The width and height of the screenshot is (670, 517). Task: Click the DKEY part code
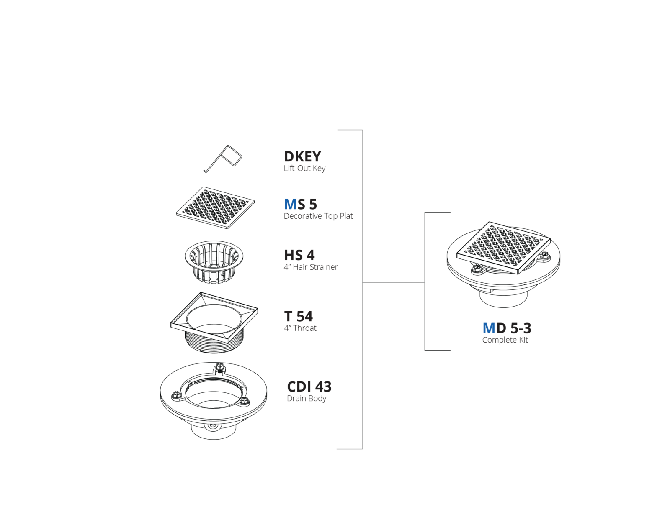click(x=302, y=156)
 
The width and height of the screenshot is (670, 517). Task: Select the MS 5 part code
click(x=300, y=204)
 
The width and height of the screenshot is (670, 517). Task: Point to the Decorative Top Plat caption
click(x=318, y=216)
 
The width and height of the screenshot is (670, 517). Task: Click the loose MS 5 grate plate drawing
click(x=215, y=207)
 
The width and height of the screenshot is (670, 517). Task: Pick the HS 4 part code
click(x=299, y=255)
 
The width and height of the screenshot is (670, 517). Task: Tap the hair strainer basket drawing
click(x=214, y=262)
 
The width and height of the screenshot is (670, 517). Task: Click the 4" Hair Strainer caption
click(x=311, y=267)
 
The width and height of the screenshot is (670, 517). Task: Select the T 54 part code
click(x=298, y=316)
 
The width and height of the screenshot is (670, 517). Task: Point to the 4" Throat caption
click(x=300, y=328)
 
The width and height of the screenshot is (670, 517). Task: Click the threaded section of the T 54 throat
click(x=214, y=342)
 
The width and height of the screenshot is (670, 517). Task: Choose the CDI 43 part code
click(x=309, y=387)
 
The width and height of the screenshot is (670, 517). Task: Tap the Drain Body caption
click(x=307, y=399)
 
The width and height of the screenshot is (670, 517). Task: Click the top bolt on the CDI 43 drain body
click(x=219, y=367)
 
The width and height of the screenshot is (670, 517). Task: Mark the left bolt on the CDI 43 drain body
click(x=176, y=394)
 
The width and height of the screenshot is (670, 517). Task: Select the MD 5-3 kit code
click(x=507, y=328)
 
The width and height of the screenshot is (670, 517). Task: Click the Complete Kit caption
click(x=505, y=340)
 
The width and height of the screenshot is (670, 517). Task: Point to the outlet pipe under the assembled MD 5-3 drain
click(x=503, y=299)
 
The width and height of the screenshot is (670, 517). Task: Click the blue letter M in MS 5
click(x=290, y=204)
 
